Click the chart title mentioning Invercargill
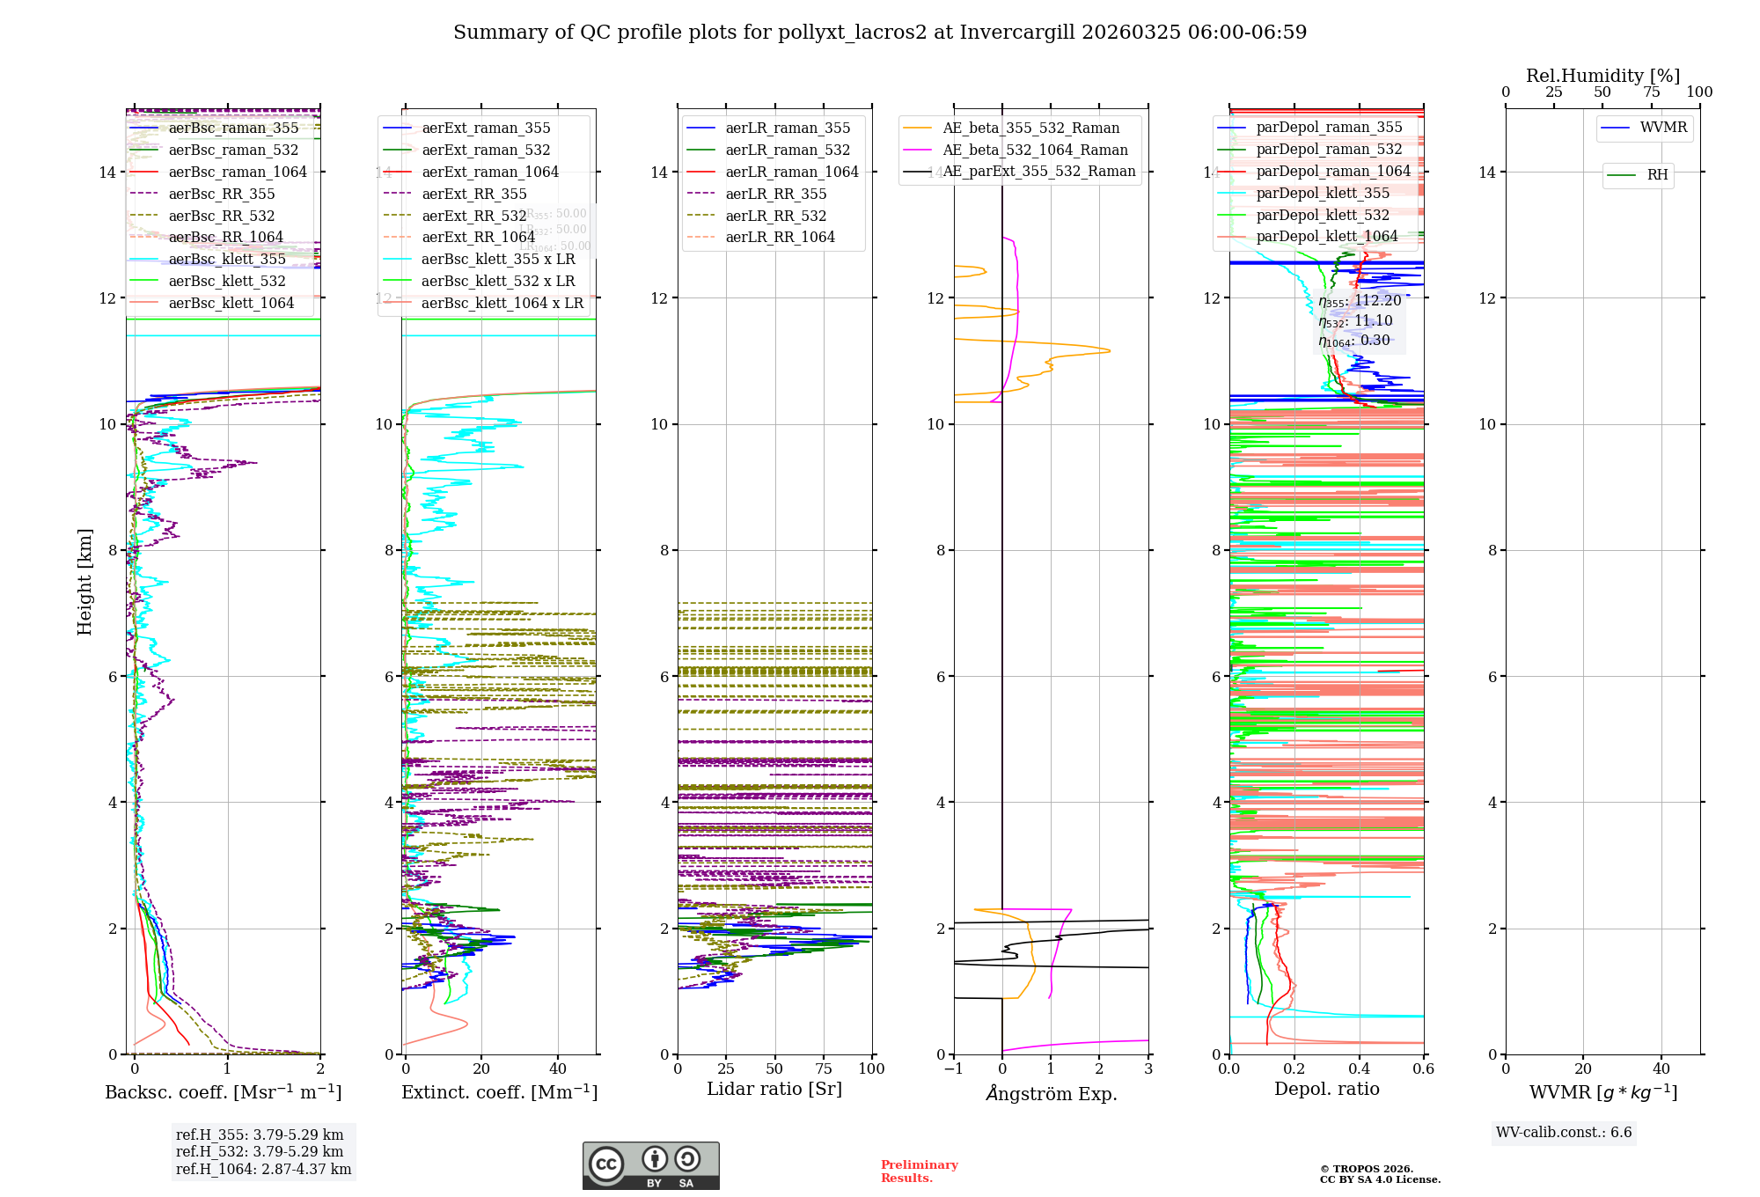point(880,33)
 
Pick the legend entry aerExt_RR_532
point(473,217)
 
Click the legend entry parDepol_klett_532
point(1323,216)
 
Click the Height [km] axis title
point(84,582)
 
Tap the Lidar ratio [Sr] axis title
point(774,1090)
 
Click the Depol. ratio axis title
point(1326,1090)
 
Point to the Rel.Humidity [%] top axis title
point(1602,76)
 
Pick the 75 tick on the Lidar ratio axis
point(824,1069)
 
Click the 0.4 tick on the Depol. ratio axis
point(1359,1069)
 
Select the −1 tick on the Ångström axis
point(953,1069)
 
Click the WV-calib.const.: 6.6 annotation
point(1564,1133)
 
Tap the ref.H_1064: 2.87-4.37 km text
point(263,1170)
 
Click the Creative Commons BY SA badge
point(650,1166)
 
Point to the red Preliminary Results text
point(919,1171)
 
